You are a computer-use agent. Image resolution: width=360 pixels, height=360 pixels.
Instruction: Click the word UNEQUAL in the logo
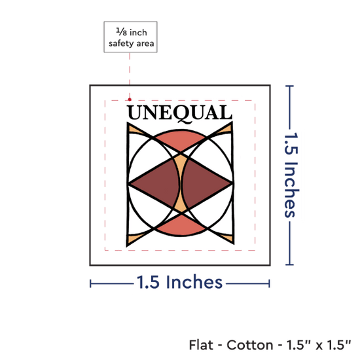pos(179,113)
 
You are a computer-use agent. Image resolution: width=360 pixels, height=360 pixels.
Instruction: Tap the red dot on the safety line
pos(130,99)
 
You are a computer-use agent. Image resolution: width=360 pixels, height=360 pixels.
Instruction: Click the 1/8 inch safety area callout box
pos(130,37)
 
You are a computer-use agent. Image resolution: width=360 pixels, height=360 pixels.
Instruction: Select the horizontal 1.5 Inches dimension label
pos(179,282)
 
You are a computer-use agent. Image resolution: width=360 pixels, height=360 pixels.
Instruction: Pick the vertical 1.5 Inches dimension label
pos(291,175)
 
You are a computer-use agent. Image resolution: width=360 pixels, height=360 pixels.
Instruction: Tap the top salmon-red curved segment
pos(181,139)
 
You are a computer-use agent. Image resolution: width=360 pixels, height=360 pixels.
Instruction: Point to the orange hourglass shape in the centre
pos(181,183)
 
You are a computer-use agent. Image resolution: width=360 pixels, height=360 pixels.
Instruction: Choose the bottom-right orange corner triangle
pos(227,238)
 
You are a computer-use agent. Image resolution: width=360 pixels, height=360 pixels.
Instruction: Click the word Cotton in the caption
pos(250,345)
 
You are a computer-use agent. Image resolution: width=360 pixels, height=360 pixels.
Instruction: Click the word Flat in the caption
pos(201,345)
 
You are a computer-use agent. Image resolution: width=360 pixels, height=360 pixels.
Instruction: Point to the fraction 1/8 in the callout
pos(122,31)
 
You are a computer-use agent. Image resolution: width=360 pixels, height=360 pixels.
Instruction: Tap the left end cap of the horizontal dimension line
pos(91,284)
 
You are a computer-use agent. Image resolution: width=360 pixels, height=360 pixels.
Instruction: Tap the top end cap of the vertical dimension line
pos(290,86)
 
